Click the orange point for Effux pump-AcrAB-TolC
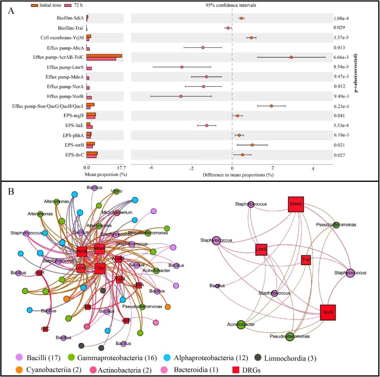(x=291, y=57)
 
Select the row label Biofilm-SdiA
(x=70, y=18)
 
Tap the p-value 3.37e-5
(x=342, y=38)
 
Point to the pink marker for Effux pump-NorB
(x=181, y=96)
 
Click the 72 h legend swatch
(x=68, y=5)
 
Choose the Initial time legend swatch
(x=35, y=5)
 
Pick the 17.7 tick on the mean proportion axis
(x=120, y=168)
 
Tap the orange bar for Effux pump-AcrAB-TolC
(x=104, y=56)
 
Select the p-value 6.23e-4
(x=342, y=106)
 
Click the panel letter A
(x=11, y=11)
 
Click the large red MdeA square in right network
(x=296, y=204)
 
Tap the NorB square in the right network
(x=328, y=312)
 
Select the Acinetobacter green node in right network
(x=241, y=324)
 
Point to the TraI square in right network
(x=306, y=260)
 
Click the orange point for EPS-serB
(x=252, y=145)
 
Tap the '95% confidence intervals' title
(x=231, y=5)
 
